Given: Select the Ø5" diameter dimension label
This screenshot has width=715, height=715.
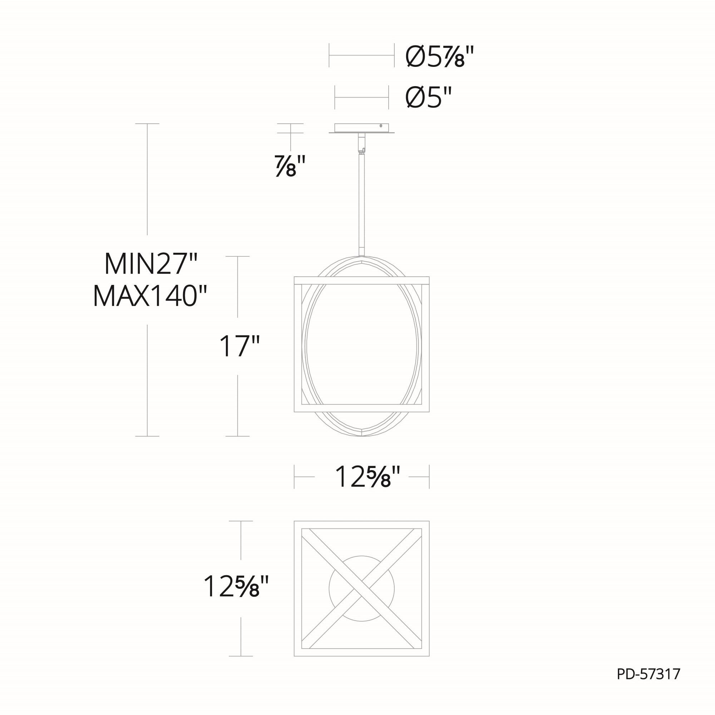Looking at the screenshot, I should coord(429,98).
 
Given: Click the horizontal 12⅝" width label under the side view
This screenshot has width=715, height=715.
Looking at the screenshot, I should coord(368,477).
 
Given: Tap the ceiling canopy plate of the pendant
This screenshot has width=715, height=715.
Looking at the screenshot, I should coord(361,128).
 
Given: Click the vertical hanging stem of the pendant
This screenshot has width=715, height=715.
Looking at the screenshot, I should coord(361,203).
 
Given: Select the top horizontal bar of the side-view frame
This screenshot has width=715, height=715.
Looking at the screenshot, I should coord(361,280).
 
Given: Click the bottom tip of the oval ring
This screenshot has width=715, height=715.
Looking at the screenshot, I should coord(361,436).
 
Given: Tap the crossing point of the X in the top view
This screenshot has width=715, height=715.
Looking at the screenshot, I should coord(361,588).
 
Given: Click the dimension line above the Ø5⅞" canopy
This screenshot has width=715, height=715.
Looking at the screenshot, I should coord(361,55).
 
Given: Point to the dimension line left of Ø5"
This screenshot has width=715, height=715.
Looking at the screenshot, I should coord(361,98).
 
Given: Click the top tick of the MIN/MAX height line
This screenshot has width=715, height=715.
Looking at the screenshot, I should coord(147,124).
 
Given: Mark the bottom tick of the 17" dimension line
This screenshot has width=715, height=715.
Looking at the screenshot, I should coord(237,436).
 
